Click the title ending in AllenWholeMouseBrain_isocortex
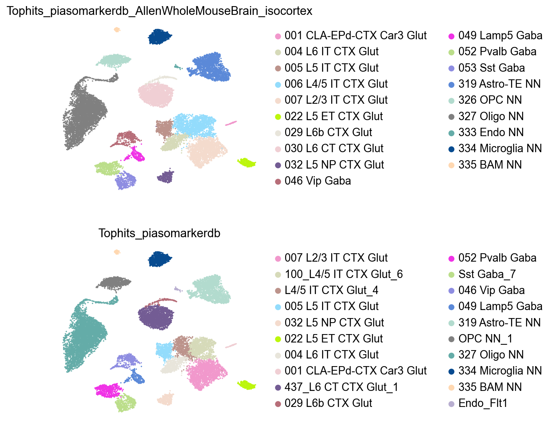pyautogui.click(x=159, y=11)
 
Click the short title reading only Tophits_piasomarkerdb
pyautogui.click(x=159, y=233)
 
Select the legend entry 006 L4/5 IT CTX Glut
pyautogui.click(x=336, y=84)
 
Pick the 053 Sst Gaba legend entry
pyautogui.click(x=491, y=68)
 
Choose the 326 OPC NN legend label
pyautogui.click(x=490, y=100)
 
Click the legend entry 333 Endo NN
pyautogui.click(x=491, y=132)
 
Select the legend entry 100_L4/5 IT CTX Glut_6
pyautogui.click(x=343, y=274)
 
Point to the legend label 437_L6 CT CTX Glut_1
pyautogui.click(x=341, y=387)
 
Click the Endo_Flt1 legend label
pyautogui.click(x=482, y=403)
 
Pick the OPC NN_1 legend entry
pyautogui.click(x=485, y=339)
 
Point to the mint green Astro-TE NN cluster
pyautogui.click(x=212, y=289)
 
